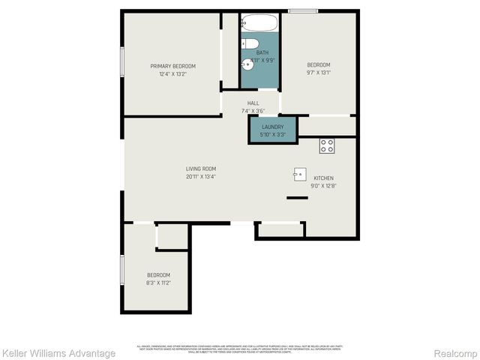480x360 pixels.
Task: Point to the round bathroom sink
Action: (249, 64)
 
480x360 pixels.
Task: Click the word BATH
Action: (262, 52)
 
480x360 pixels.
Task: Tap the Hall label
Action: (253, 103)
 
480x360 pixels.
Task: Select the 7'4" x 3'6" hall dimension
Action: (253, 110)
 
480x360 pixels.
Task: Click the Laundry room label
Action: (272, 127)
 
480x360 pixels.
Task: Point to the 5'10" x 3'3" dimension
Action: (272, 135)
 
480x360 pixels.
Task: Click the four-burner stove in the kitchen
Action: (327, 145)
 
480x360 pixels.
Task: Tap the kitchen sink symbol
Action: (299, 172)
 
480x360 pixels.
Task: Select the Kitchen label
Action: (323, 178)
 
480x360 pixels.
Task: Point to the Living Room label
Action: (201, 169)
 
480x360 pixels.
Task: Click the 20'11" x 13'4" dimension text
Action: (201, 177)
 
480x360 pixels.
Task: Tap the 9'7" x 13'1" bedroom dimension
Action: (319, 73)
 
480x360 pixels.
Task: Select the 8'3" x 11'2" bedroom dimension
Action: (158, 283)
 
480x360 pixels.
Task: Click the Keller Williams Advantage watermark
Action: (58, 352)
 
